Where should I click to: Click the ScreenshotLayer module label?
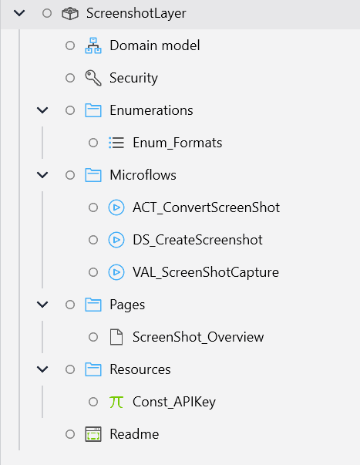click(136, 13)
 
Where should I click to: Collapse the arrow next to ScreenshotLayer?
click(19, 13)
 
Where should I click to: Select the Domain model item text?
click(154, 45)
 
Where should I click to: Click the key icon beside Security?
click(93, 78)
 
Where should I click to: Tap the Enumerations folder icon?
click(93, 110)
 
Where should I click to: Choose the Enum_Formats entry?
click(177, 143)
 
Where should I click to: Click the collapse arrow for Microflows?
click(42, 175)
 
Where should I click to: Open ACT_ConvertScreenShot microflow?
click(206, 207)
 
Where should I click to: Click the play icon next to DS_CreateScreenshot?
click(116, 240)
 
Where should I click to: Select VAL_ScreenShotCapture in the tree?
click(205, 272)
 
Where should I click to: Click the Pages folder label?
click(127, 305)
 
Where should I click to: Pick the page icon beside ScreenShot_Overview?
click(116, 337)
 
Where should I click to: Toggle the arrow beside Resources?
click(42, 369)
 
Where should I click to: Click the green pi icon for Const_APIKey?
click(116, 402)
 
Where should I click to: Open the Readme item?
click(133, 434)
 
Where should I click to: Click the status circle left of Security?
click(70, 78)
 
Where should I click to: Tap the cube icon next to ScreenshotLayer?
click(69, 13)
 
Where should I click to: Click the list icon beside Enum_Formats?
click(116, 143)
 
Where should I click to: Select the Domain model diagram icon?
click(93, 45)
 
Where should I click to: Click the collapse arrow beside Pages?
click(42, 305)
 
